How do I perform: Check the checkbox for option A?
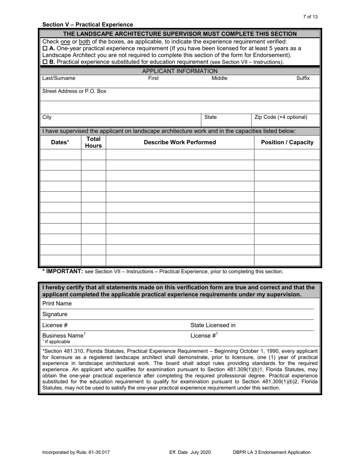(45, 48)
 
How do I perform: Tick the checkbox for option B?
(45, 62)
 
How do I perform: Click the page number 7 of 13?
(310, 17)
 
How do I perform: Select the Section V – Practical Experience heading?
(88, 25)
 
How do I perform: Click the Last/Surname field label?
(59, 78)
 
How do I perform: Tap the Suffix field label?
(303, 78)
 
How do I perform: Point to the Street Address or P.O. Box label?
(74, 91)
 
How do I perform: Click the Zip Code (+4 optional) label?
(281, 117)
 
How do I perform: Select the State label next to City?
(210, 117)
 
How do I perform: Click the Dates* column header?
(60, 142)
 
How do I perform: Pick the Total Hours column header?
(93, 142)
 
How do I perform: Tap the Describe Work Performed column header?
(180, 142)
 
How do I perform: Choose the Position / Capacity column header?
(287, 142)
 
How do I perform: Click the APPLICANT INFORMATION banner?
(180, 71)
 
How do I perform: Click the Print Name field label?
(57, 303)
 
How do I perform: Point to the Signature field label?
(55, 314)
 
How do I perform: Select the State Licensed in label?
(213, 325)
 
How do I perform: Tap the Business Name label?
(63, 336)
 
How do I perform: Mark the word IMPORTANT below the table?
(64, 271)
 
